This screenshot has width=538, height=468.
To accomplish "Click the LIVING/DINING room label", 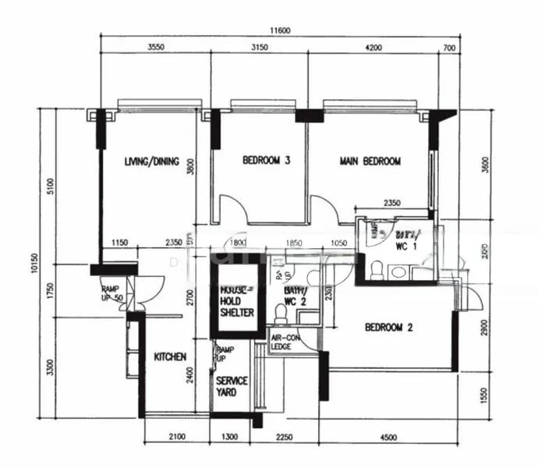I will click(x=152, y=162).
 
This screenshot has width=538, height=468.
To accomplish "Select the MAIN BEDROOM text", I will click(x=370, y=161).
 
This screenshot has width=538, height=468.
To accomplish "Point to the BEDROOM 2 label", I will click(x=388, y=328).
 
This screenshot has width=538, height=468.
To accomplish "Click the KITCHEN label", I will click(x=170, y=357).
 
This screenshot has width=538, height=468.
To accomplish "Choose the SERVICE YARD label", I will click(x=232, y=386).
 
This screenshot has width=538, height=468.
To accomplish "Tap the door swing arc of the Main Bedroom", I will click(x=324, y=209).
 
